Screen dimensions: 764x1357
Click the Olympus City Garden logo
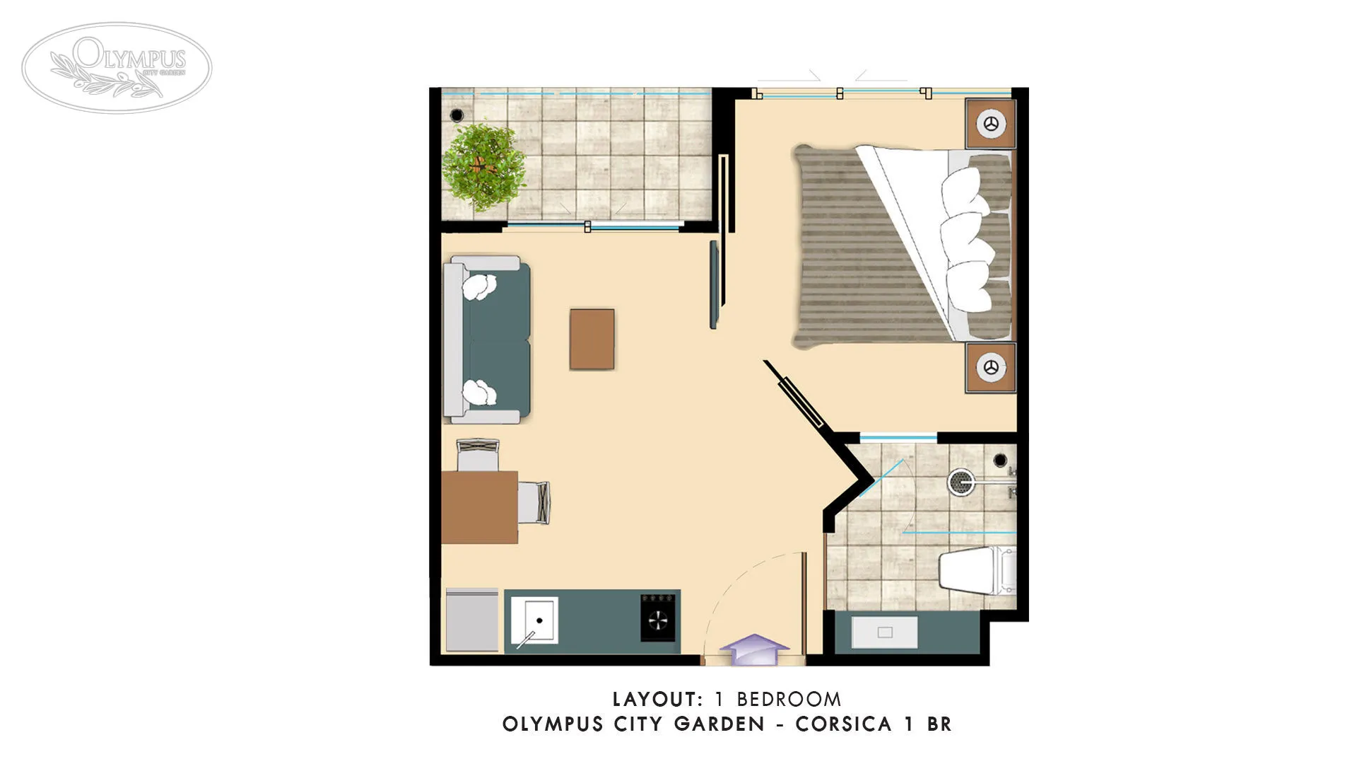(x=117, y=67)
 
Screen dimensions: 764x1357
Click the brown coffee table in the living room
(x=592, y=339)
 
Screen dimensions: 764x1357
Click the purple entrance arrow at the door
(x=754, y=649)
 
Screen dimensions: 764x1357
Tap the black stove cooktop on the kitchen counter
(x=657, y=618)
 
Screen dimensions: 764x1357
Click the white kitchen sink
(x=535, y=620)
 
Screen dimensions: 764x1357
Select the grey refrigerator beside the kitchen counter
(x=472, y=620)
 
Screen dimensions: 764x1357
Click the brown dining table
(x=479, y=507)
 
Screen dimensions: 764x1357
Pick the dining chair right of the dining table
(x=533, y=502)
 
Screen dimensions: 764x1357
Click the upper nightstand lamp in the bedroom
(x=991, y=124)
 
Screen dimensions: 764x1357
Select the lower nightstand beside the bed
(x=991, y=367)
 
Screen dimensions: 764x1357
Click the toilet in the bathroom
(x=975, y=570)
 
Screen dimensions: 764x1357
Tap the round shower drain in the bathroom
(x=959, y=481)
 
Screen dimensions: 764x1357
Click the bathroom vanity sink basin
(x=884, y=632)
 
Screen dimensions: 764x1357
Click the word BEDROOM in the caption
(x=789, y=700)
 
